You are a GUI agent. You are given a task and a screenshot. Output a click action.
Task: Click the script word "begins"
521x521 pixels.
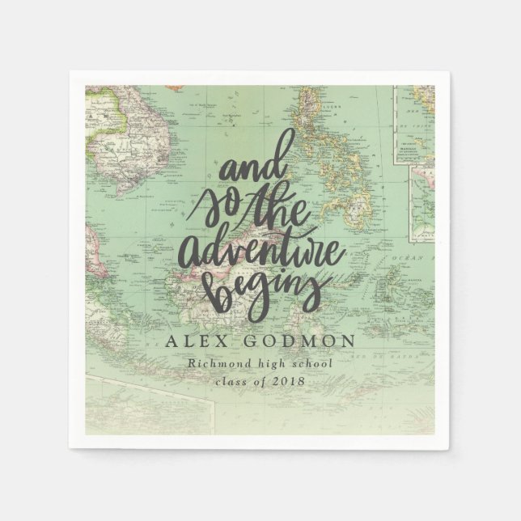[x=257, y=285]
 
